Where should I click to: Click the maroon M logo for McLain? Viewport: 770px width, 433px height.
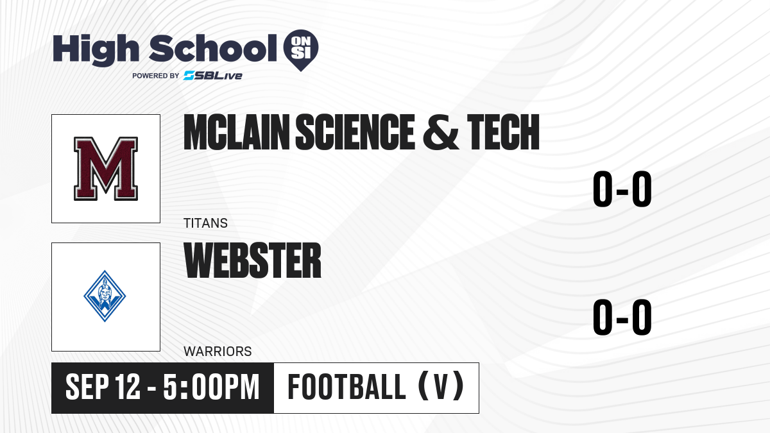pyautogui.click(x=106, y=168)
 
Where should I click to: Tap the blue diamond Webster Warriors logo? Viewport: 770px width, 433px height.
pyautogui.click(x=105, y=296)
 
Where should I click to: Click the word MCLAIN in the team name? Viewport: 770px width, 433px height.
pyautogui.click(x=237, y=132)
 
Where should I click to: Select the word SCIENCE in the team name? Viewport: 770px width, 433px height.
pyautogui.click(x=355, y=132)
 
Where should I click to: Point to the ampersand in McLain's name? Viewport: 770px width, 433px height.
pyautogui.click(x=440, y=132)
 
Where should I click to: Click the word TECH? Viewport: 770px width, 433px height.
pyautogui.click(x=503, y=132)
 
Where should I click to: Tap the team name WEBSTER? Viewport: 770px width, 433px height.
pyautogui.click(x=252, y=260)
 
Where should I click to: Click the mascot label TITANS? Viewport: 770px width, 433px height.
pyautogui.click(x=205, y=223)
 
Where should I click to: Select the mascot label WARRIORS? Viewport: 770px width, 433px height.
pyautogui.click(x=218, y=352)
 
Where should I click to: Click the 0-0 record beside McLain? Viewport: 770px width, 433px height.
pyautogui.click(x=622, y=189)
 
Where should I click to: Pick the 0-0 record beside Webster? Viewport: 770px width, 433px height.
pyautogui.click(x=622, y=317)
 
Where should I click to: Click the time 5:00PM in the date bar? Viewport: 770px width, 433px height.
pyautogui.click(x=211, y=387)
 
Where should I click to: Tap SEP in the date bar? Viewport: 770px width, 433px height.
pyautogui.click(x=87, y=387)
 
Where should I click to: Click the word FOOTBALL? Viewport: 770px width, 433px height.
pyautogui.click(x=347, y=387)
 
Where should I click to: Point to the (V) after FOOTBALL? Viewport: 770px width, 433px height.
pyautogui.click(x=441, y=387)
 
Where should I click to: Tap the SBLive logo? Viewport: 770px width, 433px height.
pyautogui.click(x=213, y=75)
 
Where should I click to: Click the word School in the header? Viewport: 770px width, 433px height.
pyautogui.click(x=213, y=48)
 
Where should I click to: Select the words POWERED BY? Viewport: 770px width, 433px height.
pyautogui.click(x=156, y=76)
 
